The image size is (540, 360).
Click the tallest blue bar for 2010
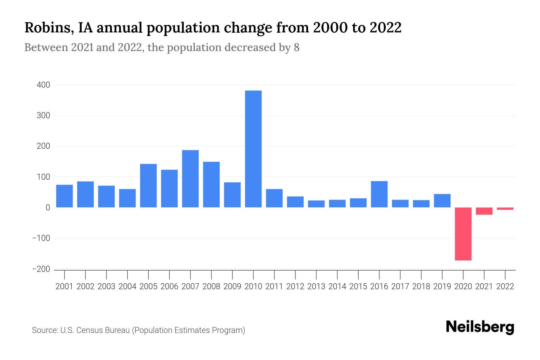pos(253,149)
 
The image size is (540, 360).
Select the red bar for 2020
pos(463,234)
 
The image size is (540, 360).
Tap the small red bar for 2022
pos(505,208)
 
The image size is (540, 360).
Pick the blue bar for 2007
pos(190,178)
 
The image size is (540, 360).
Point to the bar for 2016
pos(379,194)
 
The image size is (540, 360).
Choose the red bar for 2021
pos(484,211)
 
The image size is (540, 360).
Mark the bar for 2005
pos(148,185)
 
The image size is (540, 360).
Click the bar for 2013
pos(316,204)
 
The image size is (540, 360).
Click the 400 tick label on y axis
pos(43,85)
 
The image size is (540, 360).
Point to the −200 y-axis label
pos(41,269)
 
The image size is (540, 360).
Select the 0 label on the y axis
pos(48,207)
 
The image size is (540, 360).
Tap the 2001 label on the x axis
pos(64,286)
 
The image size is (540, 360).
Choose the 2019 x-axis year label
pos(442,286)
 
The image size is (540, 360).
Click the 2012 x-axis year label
pos(295,286)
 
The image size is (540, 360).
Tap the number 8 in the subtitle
pos(296,47)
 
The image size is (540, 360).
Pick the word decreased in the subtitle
pos(249,47)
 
